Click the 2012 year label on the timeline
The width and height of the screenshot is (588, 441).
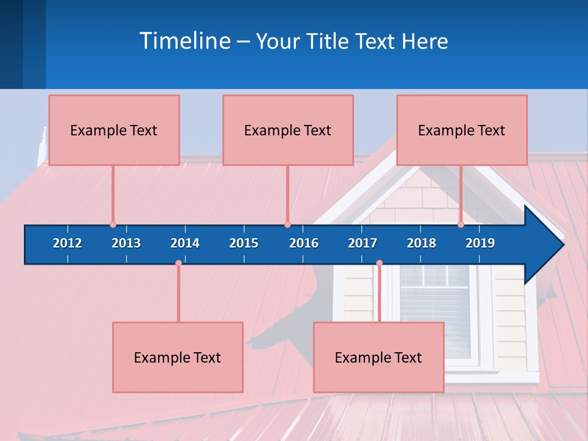tap(67, 243)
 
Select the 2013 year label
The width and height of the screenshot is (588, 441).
tap(126, 243)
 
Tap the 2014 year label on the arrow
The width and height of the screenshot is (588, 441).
tap(185, 243)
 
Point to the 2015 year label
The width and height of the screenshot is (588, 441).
tap(244, 243)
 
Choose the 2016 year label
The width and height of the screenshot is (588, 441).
tap(304, 243)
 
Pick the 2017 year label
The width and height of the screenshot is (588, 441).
tap(363, 243)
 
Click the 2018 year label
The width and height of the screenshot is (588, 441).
tap(421, 243)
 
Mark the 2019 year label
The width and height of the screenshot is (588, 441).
tap(480, 243)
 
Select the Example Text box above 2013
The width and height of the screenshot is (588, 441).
tap(114, 130)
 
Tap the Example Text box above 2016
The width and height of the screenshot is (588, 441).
tap(288, 130)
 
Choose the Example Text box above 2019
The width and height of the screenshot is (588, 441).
tap(462, 130)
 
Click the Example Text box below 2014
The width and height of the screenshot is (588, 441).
tap(178, 358)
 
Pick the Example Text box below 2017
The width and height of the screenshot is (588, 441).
tap(379, 358)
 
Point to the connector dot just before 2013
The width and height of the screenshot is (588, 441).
tap(113, 225)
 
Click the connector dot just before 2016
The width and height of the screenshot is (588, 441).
tap(287, 225)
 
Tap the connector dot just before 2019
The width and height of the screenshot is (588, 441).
tap(461, 225)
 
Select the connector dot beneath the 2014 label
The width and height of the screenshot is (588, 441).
tap(178, 263)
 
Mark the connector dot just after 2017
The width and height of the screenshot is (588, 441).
tap(379, 263)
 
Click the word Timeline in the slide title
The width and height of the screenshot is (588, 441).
tap(185, 41)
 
